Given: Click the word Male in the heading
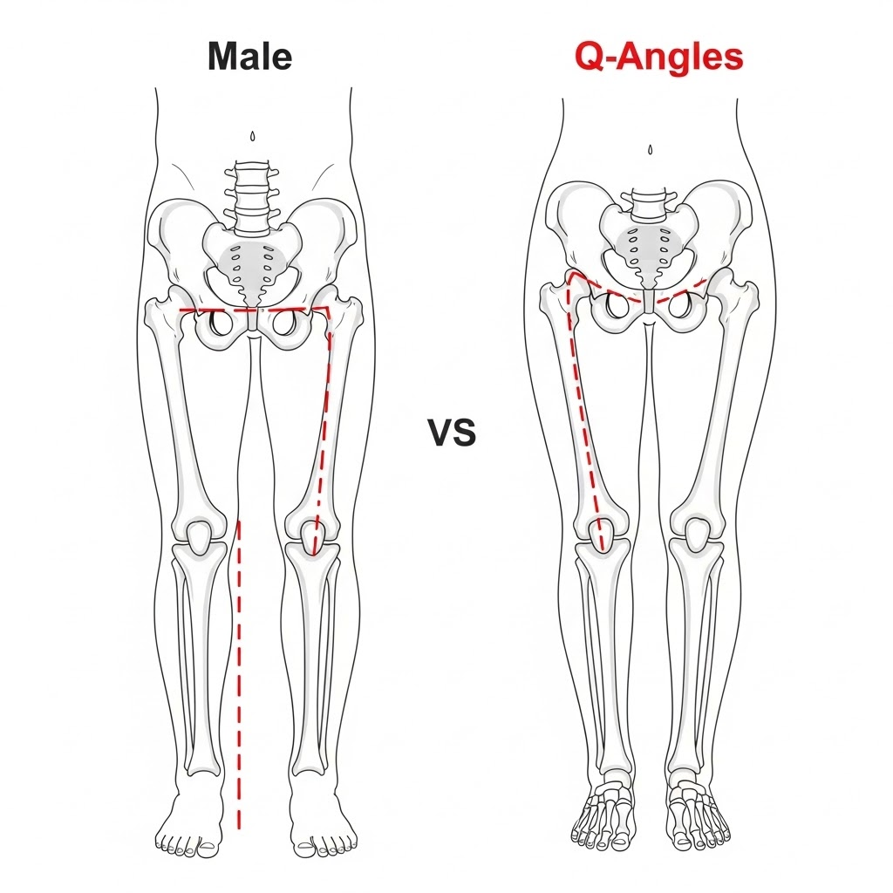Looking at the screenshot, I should (x=249, y=57).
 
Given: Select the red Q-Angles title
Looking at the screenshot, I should (x=658, y=57).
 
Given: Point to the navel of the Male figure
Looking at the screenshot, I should (x=253, y=137).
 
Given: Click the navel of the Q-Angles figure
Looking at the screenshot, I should (x=650, y=150).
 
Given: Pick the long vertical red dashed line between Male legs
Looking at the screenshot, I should (x=239, y=671).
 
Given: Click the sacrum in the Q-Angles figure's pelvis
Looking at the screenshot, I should (x=646, y=249).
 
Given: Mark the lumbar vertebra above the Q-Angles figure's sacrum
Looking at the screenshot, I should (x=647, y=206).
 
